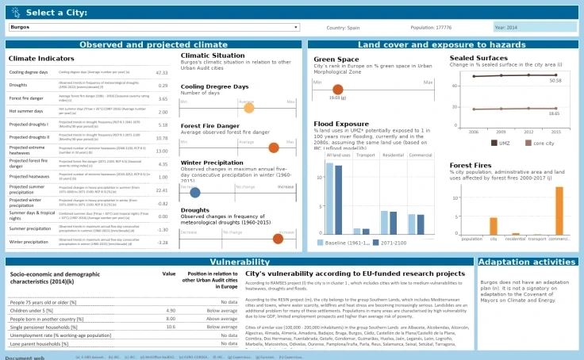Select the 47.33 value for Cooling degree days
point(162,72)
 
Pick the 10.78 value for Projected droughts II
point(162,137)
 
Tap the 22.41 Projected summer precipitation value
point(162,190)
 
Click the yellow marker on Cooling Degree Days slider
point(248,107)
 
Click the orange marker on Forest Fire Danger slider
point(274,147)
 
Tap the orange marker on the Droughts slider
point(278,238)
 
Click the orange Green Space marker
point(338,90)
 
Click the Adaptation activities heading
point(526,262)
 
